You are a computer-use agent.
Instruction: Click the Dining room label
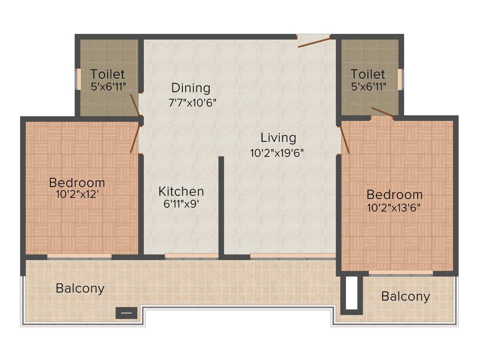190,88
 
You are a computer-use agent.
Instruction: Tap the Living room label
278,138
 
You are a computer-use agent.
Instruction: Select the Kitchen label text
181,191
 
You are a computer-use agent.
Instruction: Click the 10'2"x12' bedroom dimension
76,194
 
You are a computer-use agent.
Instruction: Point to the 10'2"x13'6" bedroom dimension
394,206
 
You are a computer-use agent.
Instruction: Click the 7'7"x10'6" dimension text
192,103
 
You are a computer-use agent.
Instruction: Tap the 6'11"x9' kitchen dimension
181,204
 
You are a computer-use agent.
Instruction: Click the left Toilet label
108,74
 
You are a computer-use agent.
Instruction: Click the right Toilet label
368,74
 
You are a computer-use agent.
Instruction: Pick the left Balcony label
80,288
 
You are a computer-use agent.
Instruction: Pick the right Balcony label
405,296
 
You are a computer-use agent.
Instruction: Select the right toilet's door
382,112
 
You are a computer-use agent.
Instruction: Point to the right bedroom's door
345,139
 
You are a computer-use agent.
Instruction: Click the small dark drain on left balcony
127,313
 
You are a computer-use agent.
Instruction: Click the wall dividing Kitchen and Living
221,206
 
